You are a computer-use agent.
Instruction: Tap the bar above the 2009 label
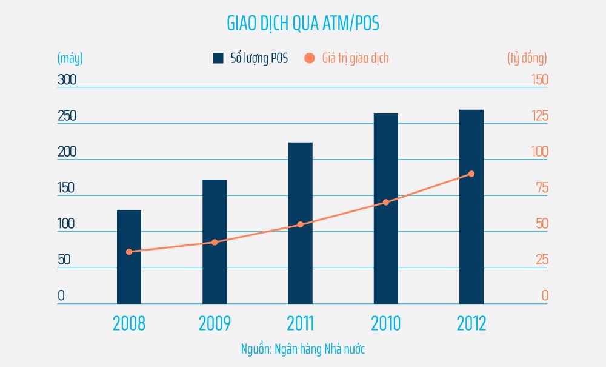tap(215, 243)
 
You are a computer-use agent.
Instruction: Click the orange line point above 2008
tap(129, 252)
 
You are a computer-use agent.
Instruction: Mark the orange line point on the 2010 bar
tap(386, 202)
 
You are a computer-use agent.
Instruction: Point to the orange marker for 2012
tap(471, 174)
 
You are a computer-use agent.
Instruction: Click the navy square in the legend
tap(218, 58)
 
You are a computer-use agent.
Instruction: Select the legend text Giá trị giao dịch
tap(355, 58)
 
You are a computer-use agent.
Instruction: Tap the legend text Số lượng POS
tap(259, 58)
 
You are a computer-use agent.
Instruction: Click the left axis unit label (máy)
tap(70, 58)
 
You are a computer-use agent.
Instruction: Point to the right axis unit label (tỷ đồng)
tap(527, 58)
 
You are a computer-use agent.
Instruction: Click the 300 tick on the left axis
tap(67, 79)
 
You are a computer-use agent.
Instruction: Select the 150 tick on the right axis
tap(536, 79)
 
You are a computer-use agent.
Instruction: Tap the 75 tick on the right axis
tap(540, 188)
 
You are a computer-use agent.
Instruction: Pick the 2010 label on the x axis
tap(386, 323)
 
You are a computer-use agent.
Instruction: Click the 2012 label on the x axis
tap(471, 323)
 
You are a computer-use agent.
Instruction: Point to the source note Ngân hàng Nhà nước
tap(303, 349)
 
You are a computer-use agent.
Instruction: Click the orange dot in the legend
tap(310, 58)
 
